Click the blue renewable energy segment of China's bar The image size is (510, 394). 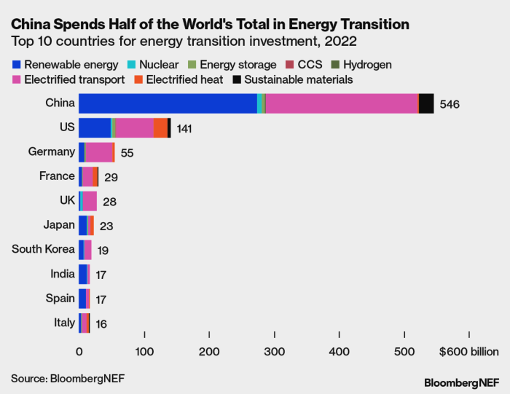(168, 103)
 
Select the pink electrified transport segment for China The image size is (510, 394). (341, 103)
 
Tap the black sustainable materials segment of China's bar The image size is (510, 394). (426, 103)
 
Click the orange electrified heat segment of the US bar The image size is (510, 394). (160, 127)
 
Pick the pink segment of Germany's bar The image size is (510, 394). (98, 152)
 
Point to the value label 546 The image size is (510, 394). (450, 104)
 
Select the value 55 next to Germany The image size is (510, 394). (127, 154)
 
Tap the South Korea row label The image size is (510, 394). (43, 249)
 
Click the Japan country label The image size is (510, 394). (58, 224)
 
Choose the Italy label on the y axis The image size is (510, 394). (64, 322)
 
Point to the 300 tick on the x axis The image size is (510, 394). (274, 352)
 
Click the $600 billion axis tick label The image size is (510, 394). (468, 352)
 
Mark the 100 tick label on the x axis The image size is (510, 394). (144, 352)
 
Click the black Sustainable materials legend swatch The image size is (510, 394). (238, 79)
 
